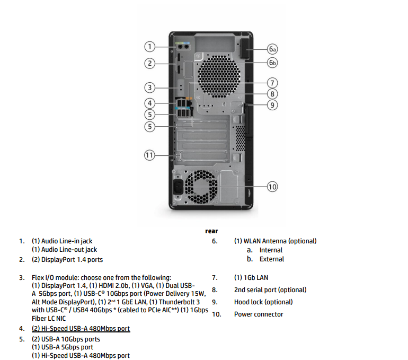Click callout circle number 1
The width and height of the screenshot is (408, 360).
click(150, 46)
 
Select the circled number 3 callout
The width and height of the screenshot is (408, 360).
click(150, 87)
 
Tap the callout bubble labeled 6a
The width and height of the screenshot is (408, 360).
click(272, 49)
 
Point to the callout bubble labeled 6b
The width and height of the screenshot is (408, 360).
click(272, 63)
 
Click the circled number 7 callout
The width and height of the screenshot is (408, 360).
click(272, 83)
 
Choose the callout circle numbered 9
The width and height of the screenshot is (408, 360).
click(272, 104)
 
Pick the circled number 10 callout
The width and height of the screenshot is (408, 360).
click(272, 186)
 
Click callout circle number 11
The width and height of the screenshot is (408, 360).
click(150, 155)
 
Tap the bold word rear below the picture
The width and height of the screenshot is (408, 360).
click(211, 231)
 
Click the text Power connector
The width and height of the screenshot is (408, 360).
click(259, 314)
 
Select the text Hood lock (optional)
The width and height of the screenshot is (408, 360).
click(263, 302)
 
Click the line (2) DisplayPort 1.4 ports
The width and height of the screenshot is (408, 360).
click(67, 260)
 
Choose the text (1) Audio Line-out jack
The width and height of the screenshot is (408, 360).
click(65, 250)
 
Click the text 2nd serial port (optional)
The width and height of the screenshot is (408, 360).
click(270, 290)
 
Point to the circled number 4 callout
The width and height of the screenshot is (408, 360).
click(150, 103)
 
